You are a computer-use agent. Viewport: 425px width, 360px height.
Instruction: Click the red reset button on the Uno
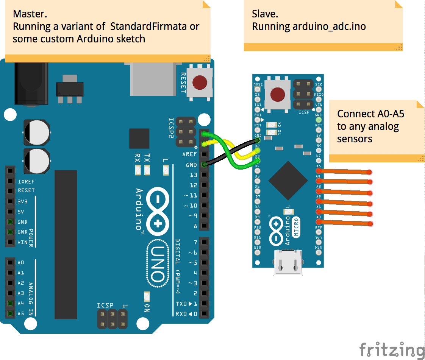click(200, 82)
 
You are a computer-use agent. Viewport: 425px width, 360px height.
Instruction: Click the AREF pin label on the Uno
click(189, 154)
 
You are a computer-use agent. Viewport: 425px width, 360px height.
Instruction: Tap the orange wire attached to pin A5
click(345, 171)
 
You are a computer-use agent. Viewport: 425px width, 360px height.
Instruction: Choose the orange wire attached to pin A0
click(345, 222)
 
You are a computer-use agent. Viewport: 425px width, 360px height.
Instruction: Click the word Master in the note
click(30, 14)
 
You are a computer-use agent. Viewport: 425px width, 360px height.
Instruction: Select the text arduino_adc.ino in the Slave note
click(329, 26)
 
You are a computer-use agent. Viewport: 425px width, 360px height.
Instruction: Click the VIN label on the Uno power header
click(22, 242)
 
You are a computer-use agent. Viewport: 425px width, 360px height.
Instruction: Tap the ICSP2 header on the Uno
click(185, 132)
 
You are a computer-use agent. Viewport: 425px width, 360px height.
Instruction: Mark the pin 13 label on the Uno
click(193, 175)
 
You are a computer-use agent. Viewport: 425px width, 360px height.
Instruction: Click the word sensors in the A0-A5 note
click(355, 139)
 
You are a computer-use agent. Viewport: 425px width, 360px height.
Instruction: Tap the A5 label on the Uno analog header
click(21, 313)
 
